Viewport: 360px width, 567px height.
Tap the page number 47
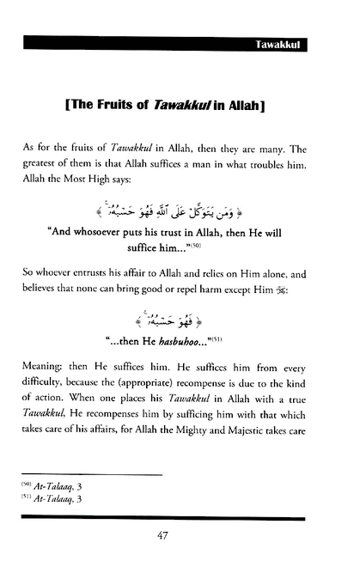pos(180,538)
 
